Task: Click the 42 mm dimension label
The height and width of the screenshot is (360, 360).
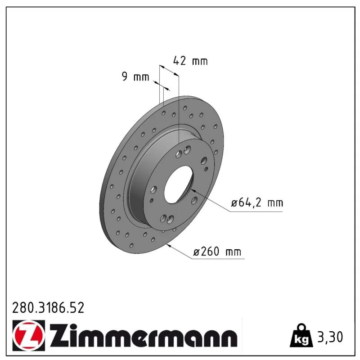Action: click(x=190, y=61)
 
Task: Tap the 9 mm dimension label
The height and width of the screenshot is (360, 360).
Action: click(x=135, y=76)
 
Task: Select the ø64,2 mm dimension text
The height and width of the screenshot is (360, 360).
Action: click(x=257, y=203)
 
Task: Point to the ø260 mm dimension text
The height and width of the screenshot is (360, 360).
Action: click(x=217, y=252)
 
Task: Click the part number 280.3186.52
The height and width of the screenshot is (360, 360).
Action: click(x=48, y=308)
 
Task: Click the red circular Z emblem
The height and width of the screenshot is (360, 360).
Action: click(x=28, y=335)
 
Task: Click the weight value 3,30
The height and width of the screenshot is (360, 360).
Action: click(x=330, y=337)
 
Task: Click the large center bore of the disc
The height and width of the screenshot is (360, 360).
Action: click(x=179, y=185)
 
